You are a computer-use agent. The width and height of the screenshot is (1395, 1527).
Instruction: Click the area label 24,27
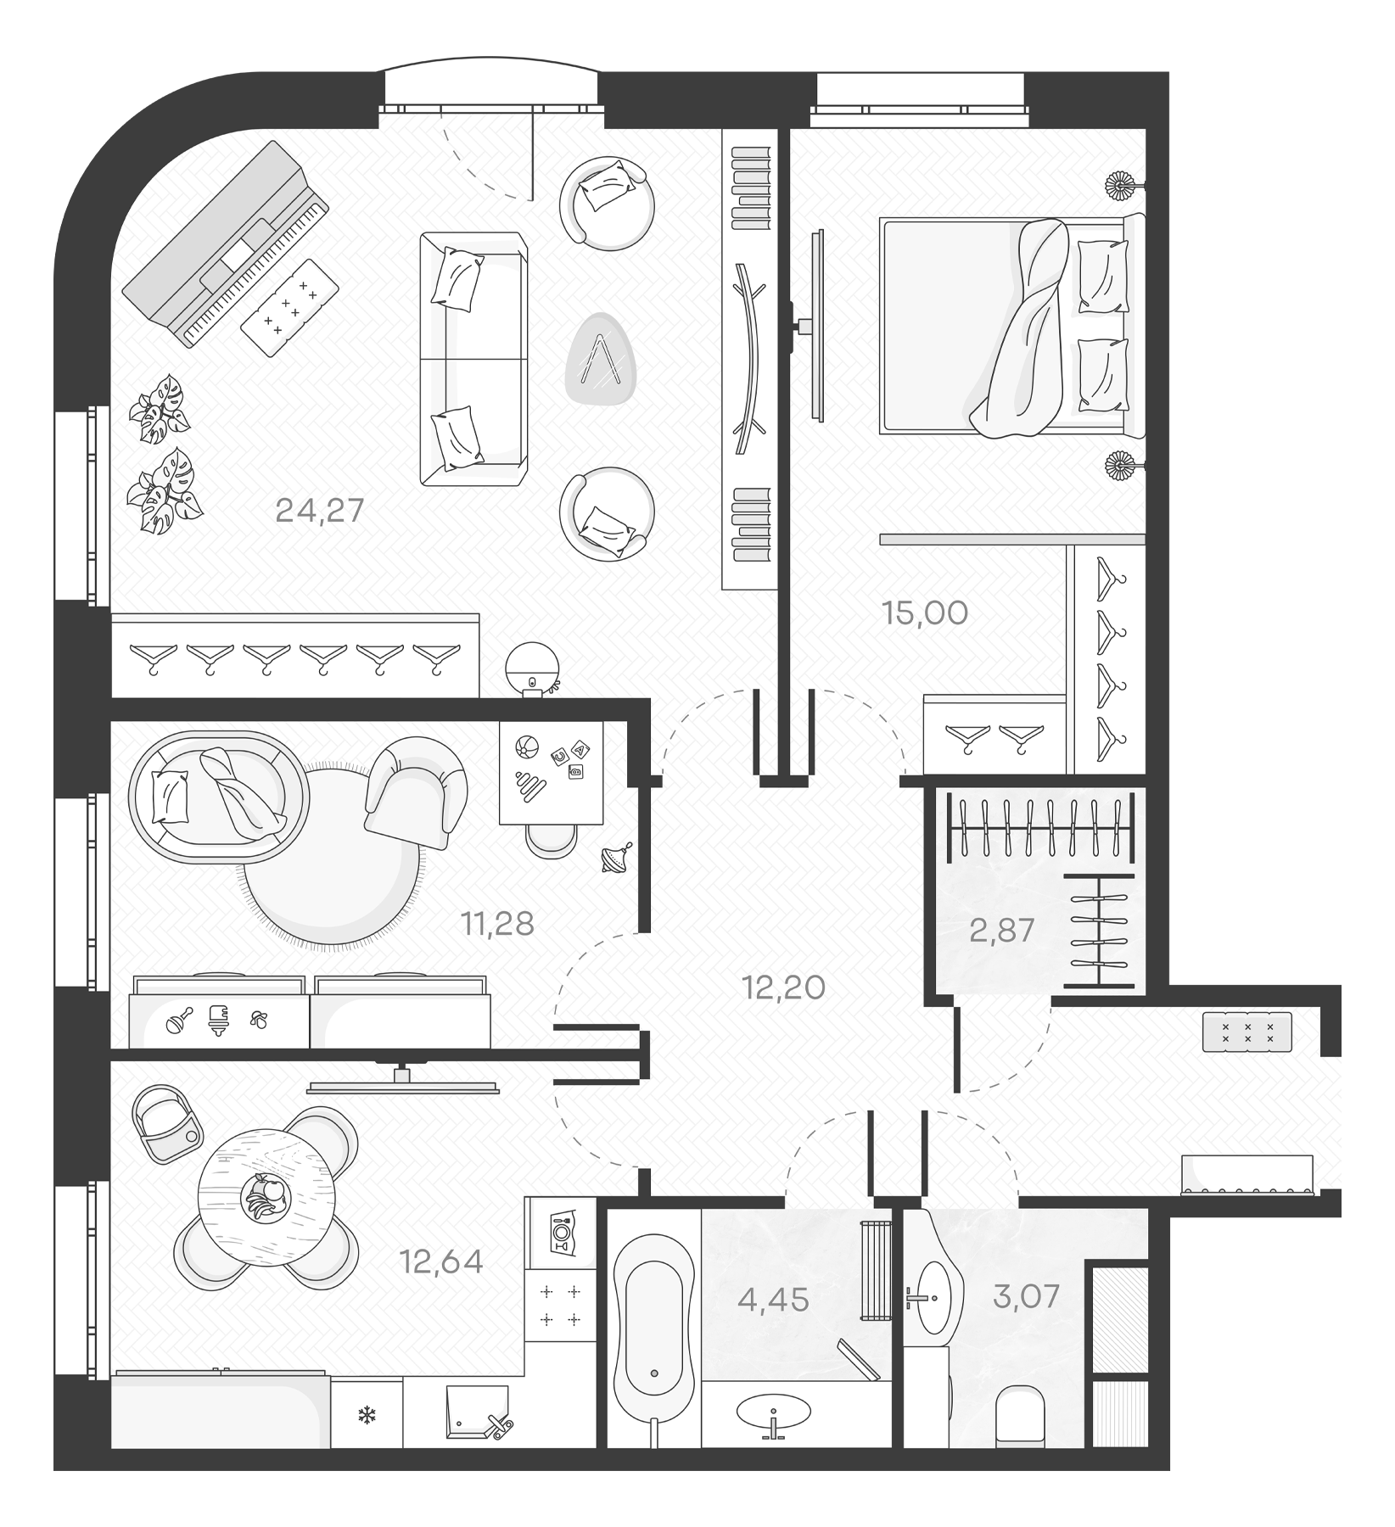pos(320,511)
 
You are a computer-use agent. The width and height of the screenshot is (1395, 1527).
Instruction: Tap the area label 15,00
pos(925,612)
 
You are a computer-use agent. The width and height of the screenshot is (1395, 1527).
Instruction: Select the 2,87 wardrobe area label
pos(1002,931)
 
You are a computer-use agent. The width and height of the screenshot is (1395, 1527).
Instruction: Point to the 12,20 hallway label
pos(783,987)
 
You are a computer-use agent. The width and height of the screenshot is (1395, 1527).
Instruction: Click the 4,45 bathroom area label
pos(773,1299)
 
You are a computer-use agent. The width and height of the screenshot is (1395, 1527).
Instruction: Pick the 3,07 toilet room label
pos(1026,1297)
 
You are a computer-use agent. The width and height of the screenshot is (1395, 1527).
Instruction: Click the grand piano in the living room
pos(225,242)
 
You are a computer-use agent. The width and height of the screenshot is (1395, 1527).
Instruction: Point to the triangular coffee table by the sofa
pos(601,359)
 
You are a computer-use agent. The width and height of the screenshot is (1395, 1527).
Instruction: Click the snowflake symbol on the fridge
pos(367,1416)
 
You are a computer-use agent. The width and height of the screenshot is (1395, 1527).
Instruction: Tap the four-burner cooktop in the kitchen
pos(560,1305)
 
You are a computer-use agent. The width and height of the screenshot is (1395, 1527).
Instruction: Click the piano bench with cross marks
pos(289,307)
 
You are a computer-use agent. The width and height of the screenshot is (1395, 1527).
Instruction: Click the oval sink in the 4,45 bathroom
pos(773,1412)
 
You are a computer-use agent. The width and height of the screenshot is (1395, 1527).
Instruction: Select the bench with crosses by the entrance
pos(1247,1032)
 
